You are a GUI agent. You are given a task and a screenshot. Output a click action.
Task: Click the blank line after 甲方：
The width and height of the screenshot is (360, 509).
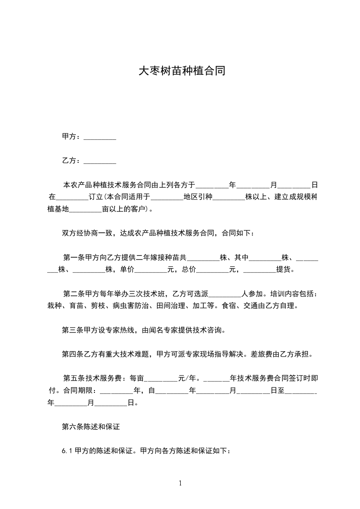[x=100, y=137]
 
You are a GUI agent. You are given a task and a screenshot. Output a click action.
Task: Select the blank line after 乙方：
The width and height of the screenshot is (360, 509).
[x=100, y=161]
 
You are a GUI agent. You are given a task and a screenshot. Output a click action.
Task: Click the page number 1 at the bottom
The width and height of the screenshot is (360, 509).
[x=180, y=483]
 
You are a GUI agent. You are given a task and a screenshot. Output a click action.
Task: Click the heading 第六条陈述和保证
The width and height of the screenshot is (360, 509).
[x=90, y=427]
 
